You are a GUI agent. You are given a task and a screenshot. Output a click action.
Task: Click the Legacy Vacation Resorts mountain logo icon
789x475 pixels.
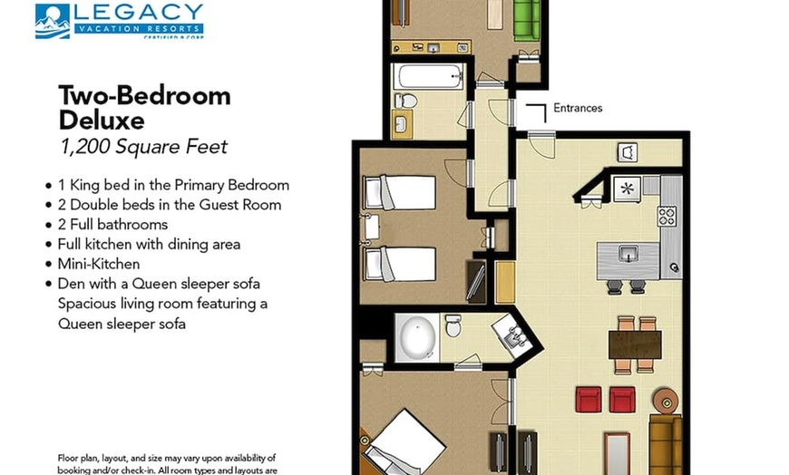tap(53, 21)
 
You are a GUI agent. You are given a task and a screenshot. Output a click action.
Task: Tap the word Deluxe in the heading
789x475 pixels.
tap(102, 121)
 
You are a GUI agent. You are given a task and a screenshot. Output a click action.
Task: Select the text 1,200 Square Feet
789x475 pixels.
tap(143, 147)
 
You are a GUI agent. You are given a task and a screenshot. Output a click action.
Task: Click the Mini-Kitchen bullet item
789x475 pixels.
tap(99, 264)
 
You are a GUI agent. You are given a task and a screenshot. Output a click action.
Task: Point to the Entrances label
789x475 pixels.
tap(578, 108)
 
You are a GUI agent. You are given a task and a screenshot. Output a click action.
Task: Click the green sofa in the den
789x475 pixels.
tap(526, 21)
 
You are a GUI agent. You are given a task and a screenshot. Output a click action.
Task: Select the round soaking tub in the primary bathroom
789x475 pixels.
tap(417, 337)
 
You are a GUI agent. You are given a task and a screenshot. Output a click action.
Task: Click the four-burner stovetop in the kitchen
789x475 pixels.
tap(667, 217)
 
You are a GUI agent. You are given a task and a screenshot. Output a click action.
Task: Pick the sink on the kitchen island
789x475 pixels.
tap(628, 253)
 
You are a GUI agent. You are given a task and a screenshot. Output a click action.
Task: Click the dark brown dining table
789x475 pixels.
tap(635, 344)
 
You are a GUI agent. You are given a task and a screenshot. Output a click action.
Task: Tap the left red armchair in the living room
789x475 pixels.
tap(589, 400)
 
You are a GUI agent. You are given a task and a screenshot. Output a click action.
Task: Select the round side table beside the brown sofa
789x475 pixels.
tap(667, 402)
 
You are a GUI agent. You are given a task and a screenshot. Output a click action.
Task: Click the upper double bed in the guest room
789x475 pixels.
tap(400, 192)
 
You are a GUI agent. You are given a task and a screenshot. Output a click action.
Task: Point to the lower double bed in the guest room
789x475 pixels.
tap(400, 264)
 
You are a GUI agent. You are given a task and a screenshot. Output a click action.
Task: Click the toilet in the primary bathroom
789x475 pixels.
tap(453, 325)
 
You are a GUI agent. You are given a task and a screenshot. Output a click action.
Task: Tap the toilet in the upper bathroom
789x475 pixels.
tap(406, 101)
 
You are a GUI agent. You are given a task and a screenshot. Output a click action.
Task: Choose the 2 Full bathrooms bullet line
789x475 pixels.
tap(112, 225)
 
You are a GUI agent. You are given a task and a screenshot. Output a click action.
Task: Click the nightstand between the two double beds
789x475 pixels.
tap(372, 228)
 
